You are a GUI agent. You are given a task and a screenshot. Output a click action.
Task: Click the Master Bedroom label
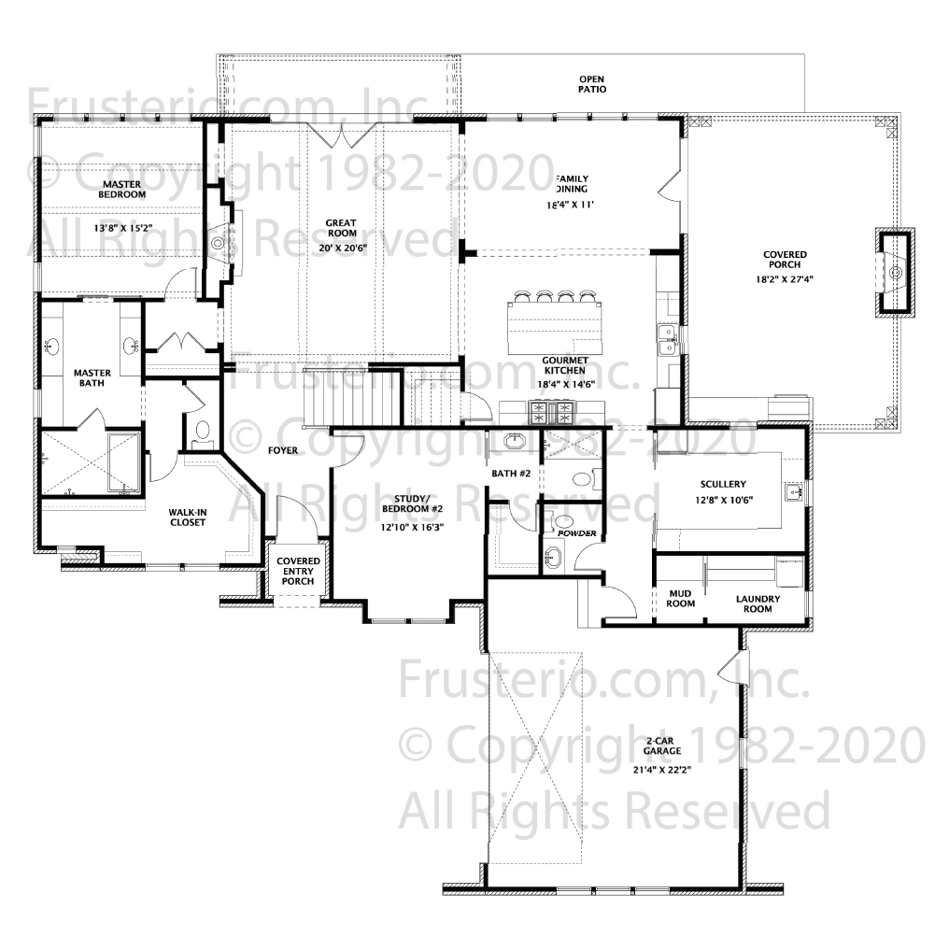(122, 189)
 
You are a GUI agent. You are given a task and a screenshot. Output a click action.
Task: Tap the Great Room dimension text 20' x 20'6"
(343, 247)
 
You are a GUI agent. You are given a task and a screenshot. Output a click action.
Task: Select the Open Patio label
(592, 84)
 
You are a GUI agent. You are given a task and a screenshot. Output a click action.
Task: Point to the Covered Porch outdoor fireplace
(895, 273)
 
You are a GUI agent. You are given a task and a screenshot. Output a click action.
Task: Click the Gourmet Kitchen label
(565, 365)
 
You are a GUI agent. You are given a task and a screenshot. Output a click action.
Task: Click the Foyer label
(283, 450)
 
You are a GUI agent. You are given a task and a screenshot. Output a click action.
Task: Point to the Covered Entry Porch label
(298, 571)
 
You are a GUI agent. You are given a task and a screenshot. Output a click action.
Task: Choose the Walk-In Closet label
(188, 517)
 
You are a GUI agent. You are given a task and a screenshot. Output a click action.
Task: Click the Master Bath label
(92, 377)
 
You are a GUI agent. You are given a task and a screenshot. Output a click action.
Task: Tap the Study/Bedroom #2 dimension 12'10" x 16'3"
(412, 527)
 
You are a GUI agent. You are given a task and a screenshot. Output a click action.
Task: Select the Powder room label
(577, 532)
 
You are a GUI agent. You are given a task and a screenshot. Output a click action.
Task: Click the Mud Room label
(680, 598)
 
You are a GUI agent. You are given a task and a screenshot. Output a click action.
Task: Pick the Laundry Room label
(758, 603)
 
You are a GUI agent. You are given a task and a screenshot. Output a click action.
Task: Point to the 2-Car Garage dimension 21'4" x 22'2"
(661, 770)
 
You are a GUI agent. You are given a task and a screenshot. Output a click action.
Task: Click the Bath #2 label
(511, 473)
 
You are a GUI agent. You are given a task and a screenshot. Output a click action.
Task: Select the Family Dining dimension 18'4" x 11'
(570, 204)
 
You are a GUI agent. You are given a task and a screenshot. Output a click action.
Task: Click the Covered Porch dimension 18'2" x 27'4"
(785, 279)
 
